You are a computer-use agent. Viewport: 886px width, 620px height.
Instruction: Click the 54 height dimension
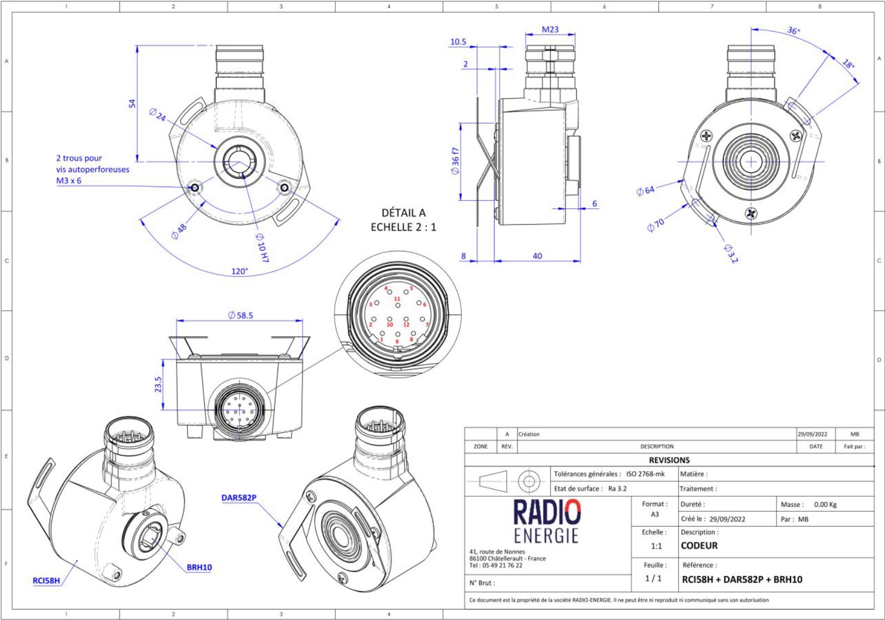coord(132,103)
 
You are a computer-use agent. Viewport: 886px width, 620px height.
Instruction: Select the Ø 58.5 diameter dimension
coord(240,315)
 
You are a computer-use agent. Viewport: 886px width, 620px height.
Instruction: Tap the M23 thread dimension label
coord(550,29)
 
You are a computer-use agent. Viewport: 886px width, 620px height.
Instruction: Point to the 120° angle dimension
coord(239,271)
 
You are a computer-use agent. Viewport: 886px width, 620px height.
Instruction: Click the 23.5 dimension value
coord(158,384)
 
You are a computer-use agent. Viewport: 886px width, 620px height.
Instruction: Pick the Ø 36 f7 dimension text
coord(455,161)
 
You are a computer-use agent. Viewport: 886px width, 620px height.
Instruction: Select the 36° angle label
coord(794,31)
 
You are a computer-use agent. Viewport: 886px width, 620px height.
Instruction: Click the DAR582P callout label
coord(239,497)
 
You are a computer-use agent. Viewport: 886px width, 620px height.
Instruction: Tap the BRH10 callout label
coord(199,567)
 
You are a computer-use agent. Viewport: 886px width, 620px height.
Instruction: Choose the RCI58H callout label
coord(46,581)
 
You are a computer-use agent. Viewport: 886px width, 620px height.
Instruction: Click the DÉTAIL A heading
coord(404,213)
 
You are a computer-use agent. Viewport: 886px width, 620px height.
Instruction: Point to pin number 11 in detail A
coord(397,299)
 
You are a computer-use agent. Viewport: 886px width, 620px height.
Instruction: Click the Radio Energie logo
coord(546,521)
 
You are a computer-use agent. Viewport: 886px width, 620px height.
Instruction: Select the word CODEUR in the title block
coord(699,546)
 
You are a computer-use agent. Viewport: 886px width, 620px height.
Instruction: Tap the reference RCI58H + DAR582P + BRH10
coord(742,579)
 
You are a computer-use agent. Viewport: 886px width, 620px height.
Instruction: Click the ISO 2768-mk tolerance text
coord(645,474)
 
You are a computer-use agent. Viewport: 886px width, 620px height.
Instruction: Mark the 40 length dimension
coord(537,256)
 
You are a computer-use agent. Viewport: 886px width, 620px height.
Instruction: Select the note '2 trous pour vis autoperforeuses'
coord(92,164)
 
